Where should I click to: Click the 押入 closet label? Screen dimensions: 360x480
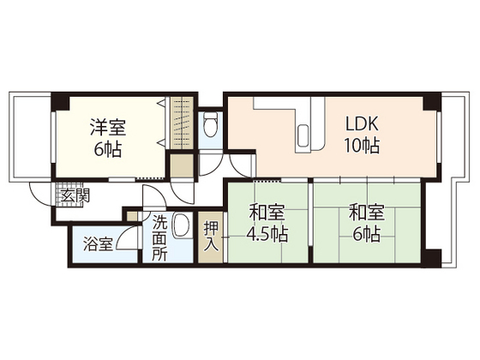[211, 237]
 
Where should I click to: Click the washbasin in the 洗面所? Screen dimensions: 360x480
[182, 225]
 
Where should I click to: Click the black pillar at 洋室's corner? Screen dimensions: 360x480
[58, 104]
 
